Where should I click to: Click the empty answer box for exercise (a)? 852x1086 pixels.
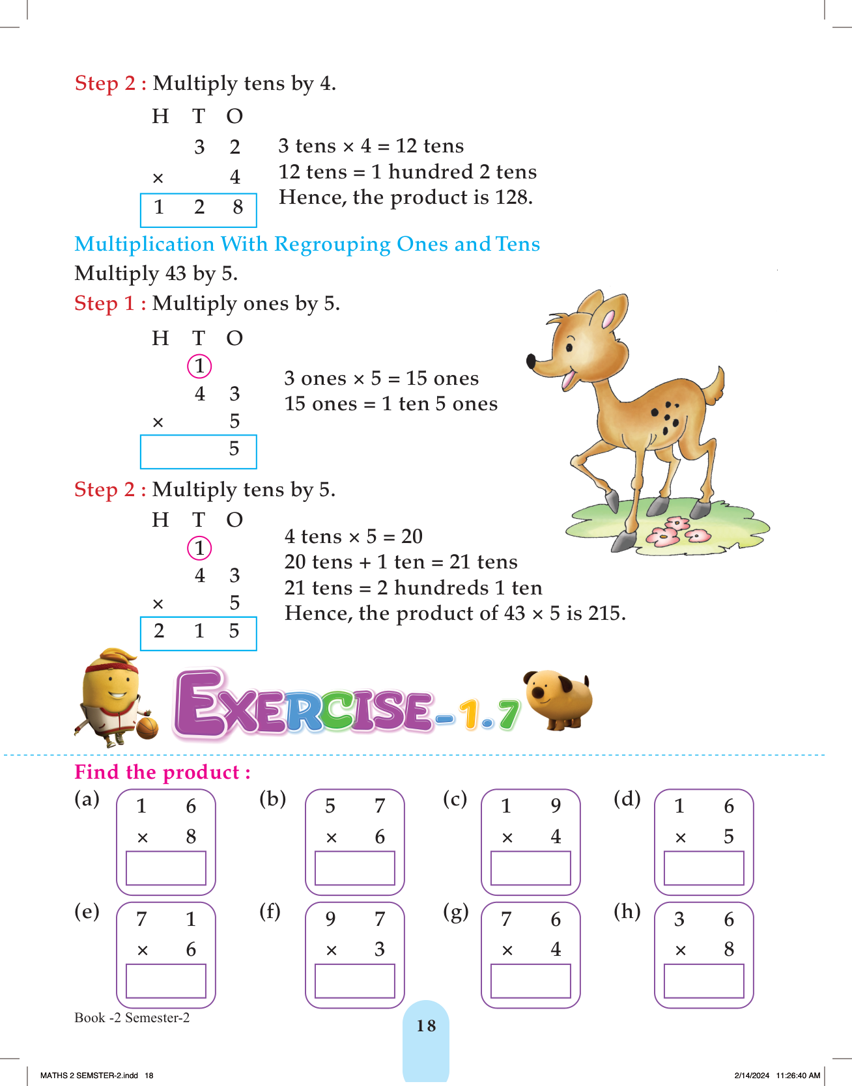tap(165, 868)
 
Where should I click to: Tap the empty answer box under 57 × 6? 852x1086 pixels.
tap(354, 868)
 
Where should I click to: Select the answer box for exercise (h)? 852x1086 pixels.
tap(703, 981)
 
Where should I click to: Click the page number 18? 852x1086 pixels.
tap(426, 1026)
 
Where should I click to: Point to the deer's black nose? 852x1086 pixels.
tap(532, 360)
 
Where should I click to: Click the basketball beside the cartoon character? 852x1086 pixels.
tap(147, 727)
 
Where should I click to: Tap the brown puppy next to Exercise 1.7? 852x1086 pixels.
tap(560, 699)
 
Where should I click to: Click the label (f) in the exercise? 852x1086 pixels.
tap(270, 911)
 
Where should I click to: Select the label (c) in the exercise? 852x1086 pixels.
tap(455, 798)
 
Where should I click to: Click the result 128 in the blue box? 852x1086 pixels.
tap(198, 208)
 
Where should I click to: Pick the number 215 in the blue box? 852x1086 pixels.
tap(198, 631)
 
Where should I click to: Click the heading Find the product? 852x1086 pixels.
tap(162, 772)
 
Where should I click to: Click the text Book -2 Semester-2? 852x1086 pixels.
tap(132, 1018)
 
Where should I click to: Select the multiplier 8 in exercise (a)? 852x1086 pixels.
tap(191, 837)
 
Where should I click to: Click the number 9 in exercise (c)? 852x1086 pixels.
tap(556, 806)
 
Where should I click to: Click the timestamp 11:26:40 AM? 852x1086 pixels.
tap(798, 1076)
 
